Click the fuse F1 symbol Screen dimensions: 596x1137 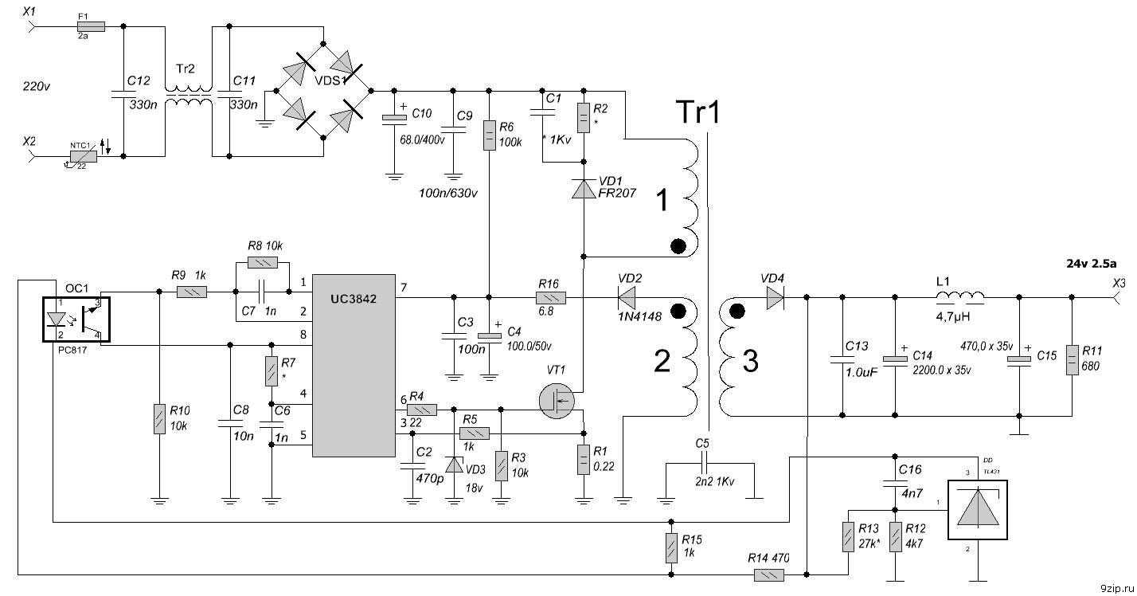(x=83, y=26)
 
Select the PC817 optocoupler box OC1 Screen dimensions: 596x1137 (x=76, y=318)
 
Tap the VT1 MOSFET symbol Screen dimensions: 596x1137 (x=555, y=401)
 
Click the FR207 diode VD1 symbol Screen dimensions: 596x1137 (x=584, y=189)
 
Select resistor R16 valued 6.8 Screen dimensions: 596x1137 (x=550, y=299)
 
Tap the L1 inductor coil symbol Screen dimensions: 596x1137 (x=959, y=297)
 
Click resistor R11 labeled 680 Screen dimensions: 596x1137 (x=1073, y=359)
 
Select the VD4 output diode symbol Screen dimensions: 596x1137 (x=772, y=299)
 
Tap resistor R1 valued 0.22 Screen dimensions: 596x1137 (x=584, y=459)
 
